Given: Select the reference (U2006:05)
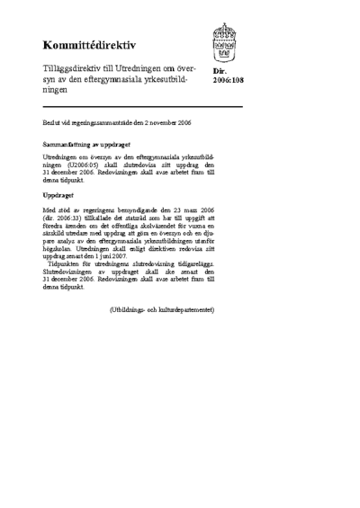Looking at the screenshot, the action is click(93, 165).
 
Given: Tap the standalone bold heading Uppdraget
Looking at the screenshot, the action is click(59, 194).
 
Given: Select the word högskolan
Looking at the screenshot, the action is click(58, 248).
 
